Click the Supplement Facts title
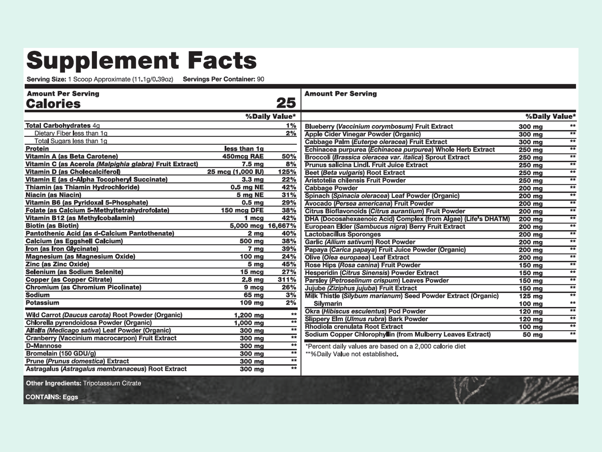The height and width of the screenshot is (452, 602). pos(141,61)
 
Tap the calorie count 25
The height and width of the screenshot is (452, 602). pos(286,103)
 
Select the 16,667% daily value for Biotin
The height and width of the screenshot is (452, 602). pos(282,226)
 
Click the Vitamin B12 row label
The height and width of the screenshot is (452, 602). pos(80,218)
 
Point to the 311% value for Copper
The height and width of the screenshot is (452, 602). pos(287,280)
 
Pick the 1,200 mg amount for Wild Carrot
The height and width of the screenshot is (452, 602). pos(249,315)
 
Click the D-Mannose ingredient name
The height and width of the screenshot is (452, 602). pos(44,346)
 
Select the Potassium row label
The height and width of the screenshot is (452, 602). pos(42,303)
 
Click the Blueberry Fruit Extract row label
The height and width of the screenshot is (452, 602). pos(379,126)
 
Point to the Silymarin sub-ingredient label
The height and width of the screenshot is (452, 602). pos(328,304)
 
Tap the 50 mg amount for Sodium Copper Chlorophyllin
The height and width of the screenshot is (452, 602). pos(532,335)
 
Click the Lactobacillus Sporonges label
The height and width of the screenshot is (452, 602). pos(342,234)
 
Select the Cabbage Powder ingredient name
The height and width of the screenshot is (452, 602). pos(331,188)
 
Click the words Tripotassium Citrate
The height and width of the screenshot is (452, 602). pos(112,383)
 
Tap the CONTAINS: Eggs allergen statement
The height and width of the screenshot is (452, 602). pos(52,397)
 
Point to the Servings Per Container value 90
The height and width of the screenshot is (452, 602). pos(260,79)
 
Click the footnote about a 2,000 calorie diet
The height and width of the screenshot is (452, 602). pos(385,346)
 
